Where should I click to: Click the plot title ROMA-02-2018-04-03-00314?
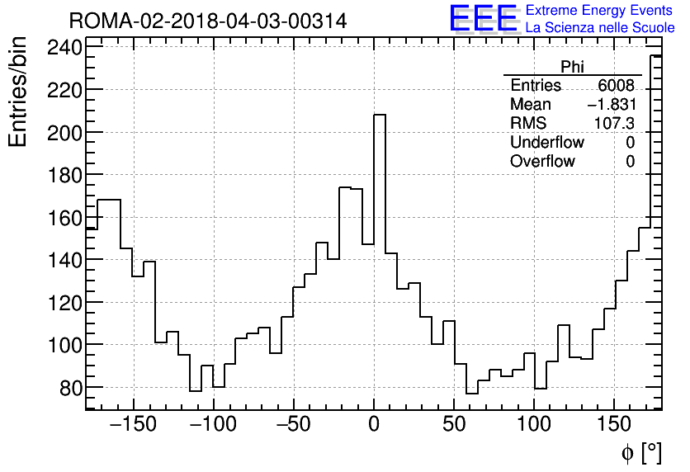click(x=208, y=21)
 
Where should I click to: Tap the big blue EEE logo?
click(x=483, y=18)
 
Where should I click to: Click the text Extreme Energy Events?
click(x=599, y=11)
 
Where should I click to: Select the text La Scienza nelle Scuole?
click(x=599, y=28)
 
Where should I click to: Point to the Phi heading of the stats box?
click(x=572, y=67)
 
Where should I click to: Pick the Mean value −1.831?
click(x=611, y=105)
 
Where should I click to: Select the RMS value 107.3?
click(x=615, y=124)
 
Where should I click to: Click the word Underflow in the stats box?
click(x=546, y=143)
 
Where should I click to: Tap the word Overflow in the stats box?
click(x=542, y=162)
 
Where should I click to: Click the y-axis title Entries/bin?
click(x=18, y=92)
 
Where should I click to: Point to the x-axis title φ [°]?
click(x=641, y=453)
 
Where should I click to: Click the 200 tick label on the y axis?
click(x=59, y=132)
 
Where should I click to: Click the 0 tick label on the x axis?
click(x=374, y=427)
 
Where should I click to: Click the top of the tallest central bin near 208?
click(x=380, y=115)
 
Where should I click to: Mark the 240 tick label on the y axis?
click(x=59, y=47)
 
